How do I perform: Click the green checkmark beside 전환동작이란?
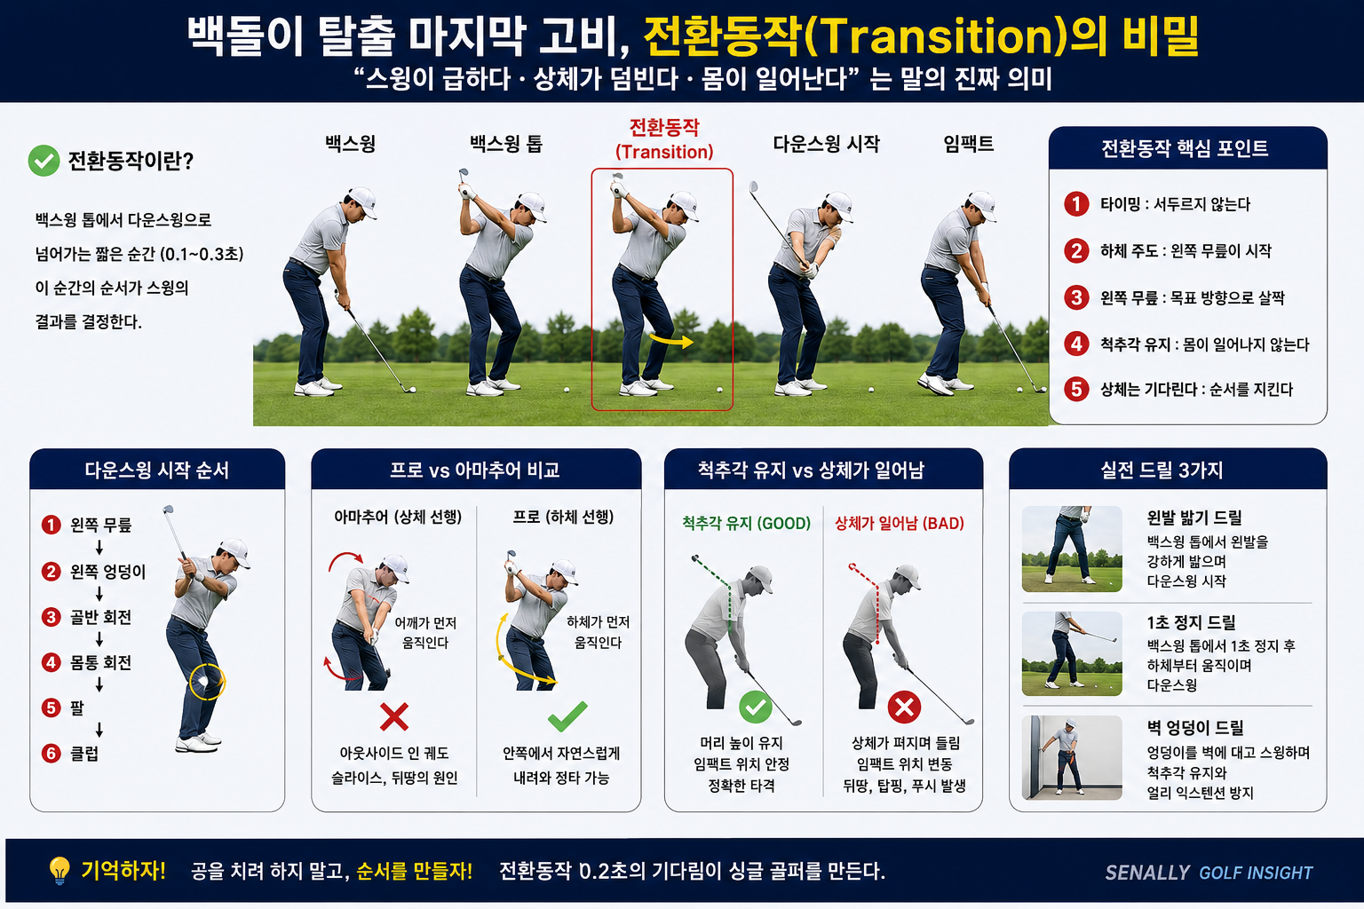click(x=44, y=161)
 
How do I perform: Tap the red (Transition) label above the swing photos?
click(x=664, y=152)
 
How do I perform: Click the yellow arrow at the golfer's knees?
click(x=671, y=340)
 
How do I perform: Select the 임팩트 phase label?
click(x=968, y=144)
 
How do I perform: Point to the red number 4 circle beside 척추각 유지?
click(x=1076, y=344)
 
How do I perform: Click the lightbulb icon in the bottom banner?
click(x=59, y=871)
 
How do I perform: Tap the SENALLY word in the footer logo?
click(x=1147, y=873)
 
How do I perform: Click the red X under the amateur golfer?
click(x=394, y=716)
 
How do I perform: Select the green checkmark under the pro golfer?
click(x=567, y=716)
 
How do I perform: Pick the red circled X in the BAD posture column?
click(x=904, y=707)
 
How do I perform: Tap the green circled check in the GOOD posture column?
click(x=755, y=707)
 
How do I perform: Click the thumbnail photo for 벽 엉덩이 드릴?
click(x=1072, y=757)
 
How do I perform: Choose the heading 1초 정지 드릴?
click(x=1191, y=622)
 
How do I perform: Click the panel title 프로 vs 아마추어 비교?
click(x=475, y=470)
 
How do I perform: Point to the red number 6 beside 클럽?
click(x=52, y=753)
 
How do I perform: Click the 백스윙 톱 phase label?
click(x=505, y=144)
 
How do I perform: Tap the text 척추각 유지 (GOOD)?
click(x=747, y=523)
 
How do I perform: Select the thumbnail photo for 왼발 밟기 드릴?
click(x=1072, y=549)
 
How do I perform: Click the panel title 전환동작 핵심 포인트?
click(x=1185, y=148)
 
